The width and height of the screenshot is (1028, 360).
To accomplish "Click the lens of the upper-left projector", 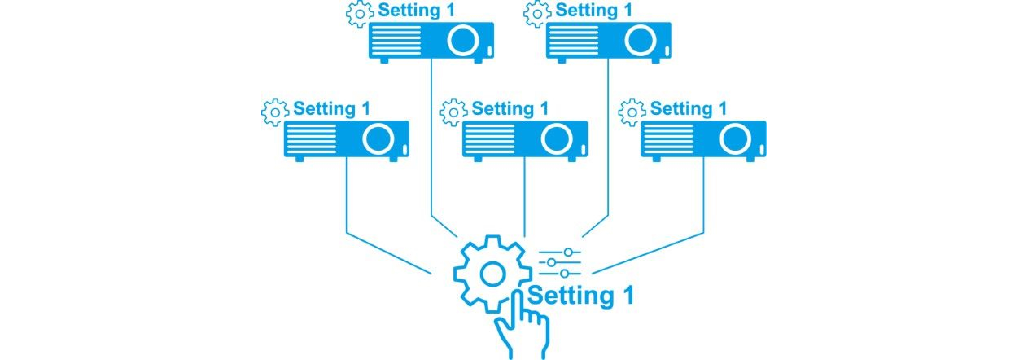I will tap(463, 40).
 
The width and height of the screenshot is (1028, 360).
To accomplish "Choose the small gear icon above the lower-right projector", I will tap(632, 113).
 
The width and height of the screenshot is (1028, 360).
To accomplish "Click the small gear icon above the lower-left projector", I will tap(275, 113).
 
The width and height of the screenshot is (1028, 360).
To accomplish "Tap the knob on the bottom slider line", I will tap(564, 273).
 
